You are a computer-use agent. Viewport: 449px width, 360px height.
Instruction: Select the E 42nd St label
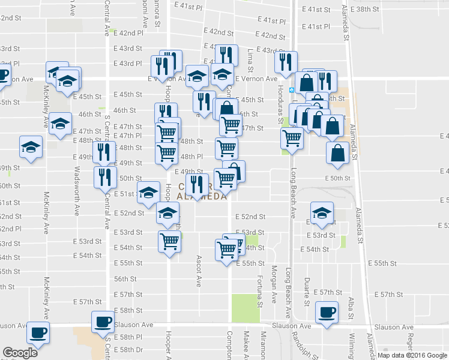point(218,31)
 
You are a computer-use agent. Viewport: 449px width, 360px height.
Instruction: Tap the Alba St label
point(352,307)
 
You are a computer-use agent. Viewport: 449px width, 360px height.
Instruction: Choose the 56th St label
point(125,279)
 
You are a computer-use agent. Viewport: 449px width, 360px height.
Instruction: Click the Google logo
point(20,352)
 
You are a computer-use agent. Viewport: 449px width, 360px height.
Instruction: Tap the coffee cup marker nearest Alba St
point(328,313)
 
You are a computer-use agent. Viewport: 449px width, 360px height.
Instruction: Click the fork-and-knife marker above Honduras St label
point(286,62)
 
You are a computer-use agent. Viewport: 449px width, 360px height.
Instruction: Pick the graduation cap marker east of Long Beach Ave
point(322,212)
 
